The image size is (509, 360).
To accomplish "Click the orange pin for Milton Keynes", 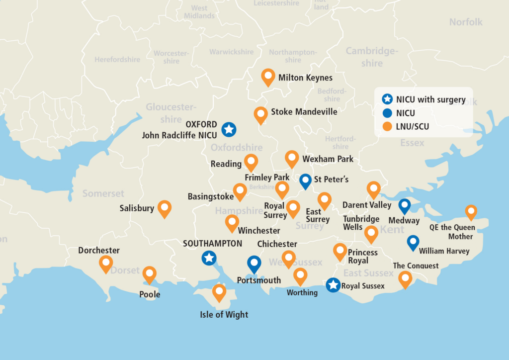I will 268,77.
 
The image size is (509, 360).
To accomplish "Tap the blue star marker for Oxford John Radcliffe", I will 229,129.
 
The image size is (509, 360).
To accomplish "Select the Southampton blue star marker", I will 209,258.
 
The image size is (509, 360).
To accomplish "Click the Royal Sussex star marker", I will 334,285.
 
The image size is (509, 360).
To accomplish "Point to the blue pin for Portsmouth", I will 254,264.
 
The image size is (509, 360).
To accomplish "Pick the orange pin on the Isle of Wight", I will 219,292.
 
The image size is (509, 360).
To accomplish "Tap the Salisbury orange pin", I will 165,208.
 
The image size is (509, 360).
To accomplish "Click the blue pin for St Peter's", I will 306,180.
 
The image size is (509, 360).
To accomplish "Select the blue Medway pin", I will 405,205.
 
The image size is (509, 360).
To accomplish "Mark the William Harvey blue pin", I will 413,242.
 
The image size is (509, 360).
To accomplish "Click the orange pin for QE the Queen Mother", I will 471,211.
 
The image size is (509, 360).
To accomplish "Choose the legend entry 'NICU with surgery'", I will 430,99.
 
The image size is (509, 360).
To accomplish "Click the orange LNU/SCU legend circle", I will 388,127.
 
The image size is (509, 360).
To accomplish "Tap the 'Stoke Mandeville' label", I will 304,112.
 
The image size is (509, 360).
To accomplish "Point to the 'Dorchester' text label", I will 99,250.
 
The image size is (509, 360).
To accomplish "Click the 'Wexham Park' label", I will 328,159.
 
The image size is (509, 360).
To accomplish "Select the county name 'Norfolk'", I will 466,22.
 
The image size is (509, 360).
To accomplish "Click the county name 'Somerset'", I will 103,193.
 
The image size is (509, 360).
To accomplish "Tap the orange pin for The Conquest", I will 405,279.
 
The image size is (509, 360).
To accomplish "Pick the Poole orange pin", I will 149,274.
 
